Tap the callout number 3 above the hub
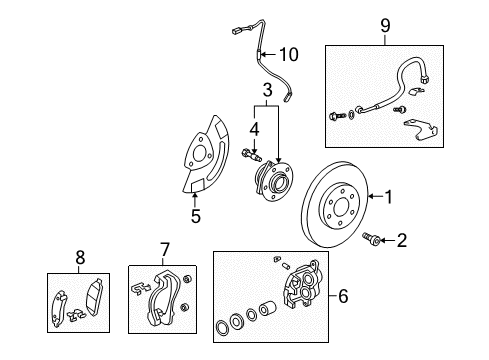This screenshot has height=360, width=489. [267, 91]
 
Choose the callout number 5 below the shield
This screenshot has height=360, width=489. [195, 216]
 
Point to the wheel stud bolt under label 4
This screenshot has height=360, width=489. [250, 154]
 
